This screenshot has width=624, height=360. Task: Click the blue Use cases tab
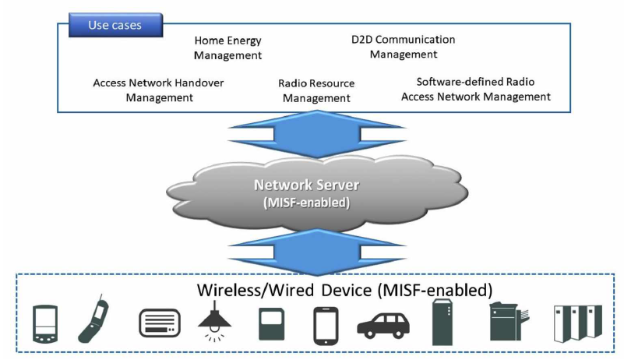[115, 25]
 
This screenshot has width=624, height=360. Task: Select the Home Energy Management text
[228, 48]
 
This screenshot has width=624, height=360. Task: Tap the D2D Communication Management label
[403, 47]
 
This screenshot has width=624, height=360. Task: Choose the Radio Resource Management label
[316, 90]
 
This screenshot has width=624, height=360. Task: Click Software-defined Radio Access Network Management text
[475, 89]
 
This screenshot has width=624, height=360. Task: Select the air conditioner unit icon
[159, 323]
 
